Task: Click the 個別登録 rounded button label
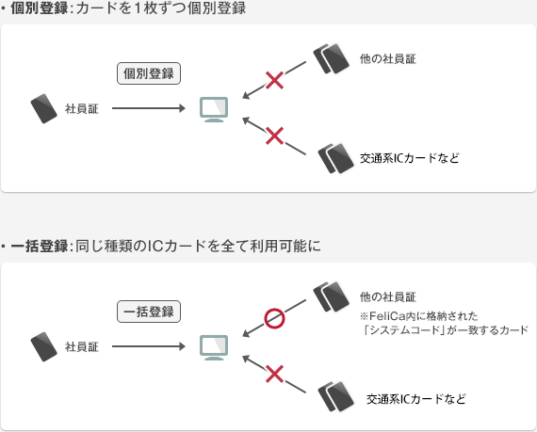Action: coord(149,73)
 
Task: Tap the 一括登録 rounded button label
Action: coord(149,312)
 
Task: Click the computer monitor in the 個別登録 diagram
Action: coord(214,109)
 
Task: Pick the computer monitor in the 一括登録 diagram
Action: coord(214,347)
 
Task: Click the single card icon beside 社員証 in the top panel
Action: coord(44,108)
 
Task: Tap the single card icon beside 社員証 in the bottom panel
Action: coord(44,346)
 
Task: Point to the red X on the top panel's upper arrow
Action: coord(274,81)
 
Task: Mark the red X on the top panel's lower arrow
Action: coord(274,136)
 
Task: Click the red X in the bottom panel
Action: coord(274,374)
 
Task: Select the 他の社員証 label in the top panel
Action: coord(388,59)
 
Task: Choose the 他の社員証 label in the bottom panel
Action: coord(388,296)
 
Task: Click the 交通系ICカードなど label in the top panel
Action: coord(409,158)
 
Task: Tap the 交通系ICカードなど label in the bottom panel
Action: coord(416,399)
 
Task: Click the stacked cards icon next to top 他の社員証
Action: coord(332,58)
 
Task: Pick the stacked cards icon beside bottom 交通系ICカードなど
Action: coord(336,397)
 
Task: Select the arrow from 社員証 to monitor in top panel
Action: coord(149,108)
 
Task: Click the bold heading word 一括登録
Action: coord(40,246)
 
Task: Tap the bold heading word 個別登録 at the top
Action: coord(40,8)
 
